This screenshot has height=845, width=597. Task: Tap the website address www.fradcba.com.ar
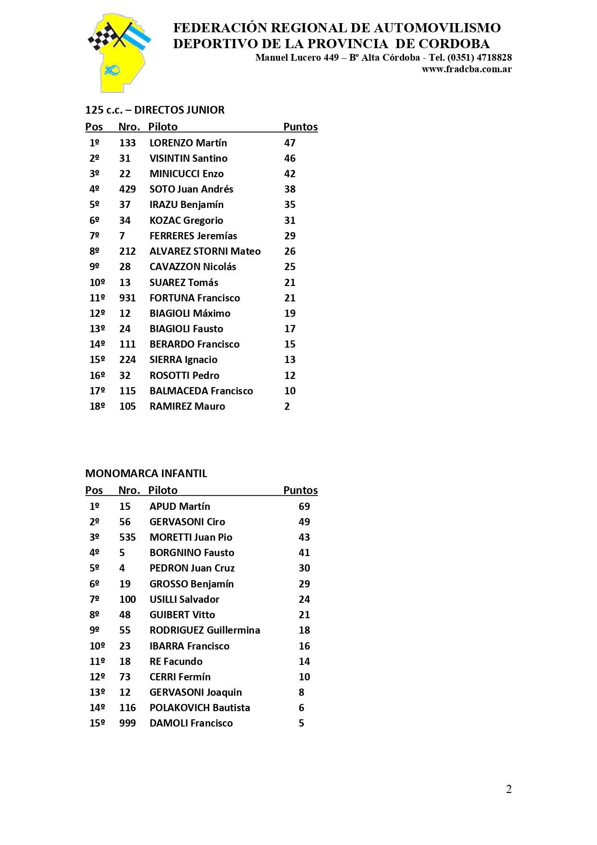[466, 69]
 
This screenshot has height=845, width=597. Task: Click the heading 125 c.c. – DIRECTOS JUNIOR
[154, 110]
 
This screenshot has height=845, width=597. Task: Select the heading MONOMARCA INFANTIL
[146, 473]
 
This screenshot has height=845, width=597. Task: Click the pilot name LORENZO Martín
[188, 143]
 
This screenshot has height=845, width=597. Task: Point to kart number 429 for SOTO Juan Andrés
[127, 189]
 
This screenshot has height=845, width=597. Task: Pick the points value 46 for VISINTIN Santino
[290, 158]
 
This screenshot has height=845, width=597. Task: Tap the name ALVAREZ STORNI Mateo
[205, 251]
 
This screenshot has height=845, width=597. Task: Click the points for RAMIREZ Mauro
[287, 406]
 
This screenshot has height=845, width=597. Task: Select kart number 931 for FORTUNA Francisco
[127, 298]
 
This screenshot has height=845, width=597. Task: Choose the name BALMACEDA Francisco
[201, 391]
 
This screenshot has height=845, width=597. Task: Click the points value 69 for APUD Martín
[304, 507]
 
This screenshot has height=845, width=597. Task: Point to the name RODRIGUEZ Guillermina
[204, 630]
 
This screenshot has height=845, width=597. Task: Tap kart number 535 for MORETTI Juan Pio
[127, 537]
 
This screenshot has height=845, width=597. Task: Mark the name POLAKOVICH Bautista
[200, 708]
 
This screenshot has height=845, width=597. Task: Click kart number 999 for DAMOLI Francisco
[127, 723]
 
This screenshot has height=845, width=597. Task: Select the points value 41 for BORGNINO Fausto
[304, 553]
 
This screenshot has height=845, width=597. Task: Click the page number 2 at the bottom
[508, 789]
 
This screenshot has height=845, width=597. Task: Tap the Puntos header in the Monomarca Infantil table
[300, 491]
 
